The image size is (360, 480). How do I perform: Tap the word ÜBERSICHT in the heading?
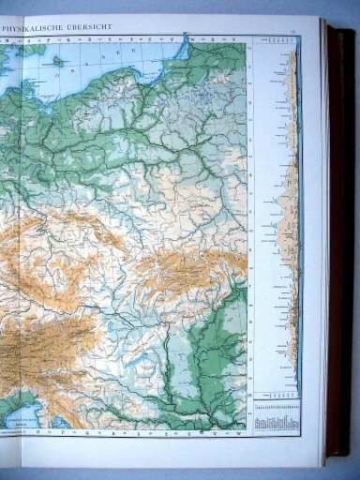point(89,27)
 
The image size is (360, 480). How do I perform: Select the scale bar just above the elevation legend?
point(276,398)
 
